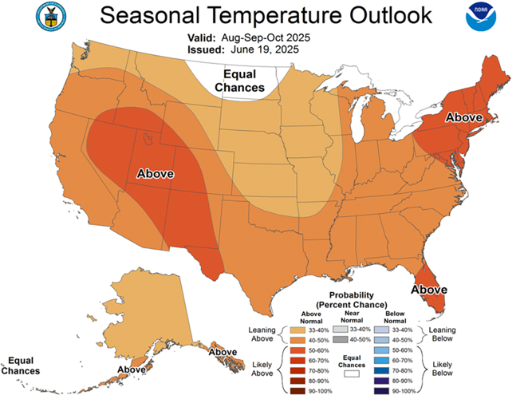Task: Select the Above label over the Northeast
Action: pyautogui.click(x=463, y=117)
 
